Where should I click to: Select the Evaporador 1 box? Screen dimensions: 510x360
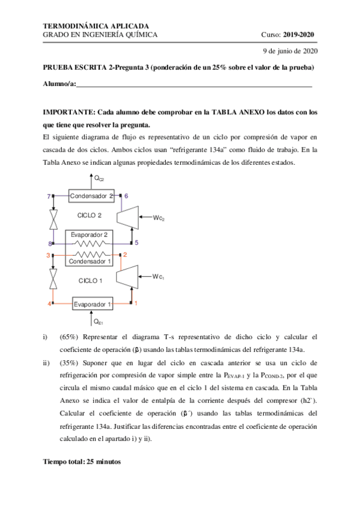93,304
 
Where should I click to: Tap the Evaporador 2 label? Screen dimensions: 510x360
90,234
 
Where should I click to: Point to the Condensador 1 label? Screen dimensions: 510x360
90,262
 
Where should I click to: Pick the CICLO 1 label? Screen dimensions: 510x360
91,281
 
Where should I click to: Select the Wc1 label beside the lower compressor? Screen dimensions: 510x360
158,277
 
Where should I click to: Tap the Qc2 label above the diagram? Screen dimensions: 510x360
99,179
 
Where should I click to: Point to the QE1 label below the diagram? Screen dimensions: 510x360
98,322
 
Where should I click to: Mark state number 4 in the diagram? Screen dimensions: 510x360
49,304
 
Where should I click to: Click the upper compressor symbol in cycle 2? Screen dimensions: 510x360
127,216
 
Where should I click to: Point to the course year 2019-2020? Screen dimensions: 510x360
299,35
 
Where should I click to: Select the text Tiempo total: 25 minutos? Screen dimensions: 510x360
82,462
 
